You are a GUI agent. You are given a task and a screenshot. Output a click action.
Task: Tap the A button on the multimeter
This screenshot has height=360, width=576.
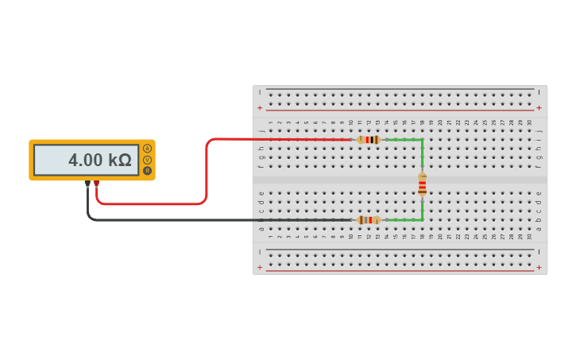[147, 149]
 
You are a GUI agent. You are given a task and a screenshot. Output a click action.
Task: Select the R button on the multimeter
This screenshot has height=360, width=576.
[147, 170]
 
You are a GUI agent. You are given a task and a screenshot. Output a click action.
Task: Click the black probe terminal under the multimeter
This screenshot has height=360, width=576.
[87, 184]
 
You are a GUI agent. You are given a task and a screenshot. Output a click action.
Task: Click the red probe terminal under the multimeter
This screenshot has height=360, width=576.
[97, 184]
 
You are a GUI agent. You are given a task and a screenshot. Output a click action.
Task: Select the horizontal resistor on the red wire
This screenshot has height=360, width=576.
[369, 140]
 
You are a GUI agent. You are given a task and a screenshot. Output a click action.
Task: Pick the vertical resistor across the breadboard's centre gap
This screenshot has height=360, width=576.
[422, 184]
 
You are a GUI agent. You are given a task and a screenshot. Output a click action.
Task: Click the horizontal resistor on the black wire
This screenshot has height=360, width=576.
[369, 220]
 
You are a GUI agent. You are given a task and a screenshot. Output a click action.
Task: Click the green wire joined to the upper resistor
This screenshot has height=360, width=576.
[405, 140]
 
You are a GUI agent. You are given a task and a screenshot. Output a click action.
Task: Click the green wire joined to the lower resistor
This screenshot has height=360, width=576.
[405, 220]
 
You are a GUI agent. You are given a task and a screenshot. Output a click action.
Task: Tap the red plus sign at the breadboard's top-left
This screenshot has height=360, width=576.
[260, 108]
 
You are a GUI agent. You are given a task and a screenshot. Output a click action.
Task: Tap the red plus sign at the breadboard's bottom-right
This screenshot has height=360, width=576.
[539, 268]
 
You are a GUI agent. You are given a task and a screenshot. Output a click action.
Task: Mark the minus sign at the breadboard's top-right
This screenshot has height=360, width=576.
[539, 92]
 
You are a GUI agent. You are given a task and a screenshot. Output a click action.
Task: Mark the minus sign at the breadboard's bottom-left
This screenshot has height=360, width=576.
[260, 252]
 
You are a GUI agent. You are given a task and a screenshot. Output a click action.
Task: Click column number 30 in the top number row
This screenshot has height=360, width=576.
[529, 122]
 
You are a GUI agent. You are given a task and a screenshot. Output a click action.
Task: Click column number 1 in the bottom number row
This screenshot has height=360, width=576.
[271, 237]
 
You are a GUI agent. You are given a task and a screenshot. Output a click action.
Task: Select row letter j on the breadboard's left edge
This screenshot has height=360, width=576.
[261, 131]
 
